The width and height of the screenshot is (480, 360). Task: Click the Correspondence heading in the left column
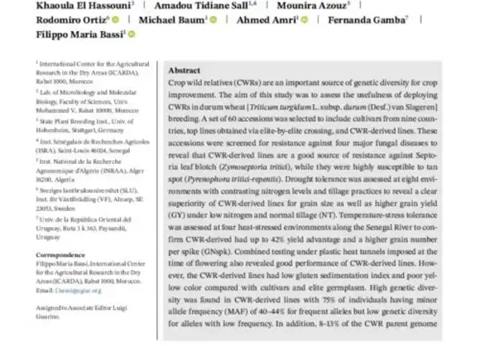[x=61, y=255]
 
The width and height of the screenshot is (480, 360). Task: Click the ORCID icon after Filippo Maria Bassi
[x=131, y=34]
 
